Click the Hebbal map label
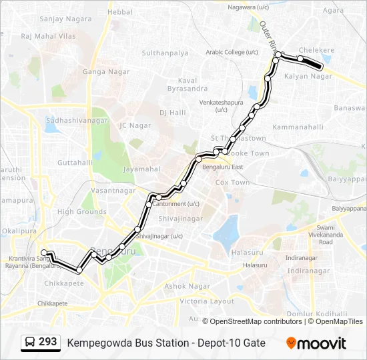[x=120, y=12]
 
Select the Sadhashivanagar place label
[x=77, y=120]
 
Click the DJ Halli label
[x=172, y=113]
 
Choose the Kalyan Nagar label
[x=308, y=76]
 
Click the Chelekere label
[x=316, y=50]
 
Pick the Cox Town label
[x=232, y=182]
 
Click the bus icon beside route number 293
[x=31, y=343]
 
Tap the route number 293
[x=47, y=342]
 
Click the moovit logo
[x=316, y=343]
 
